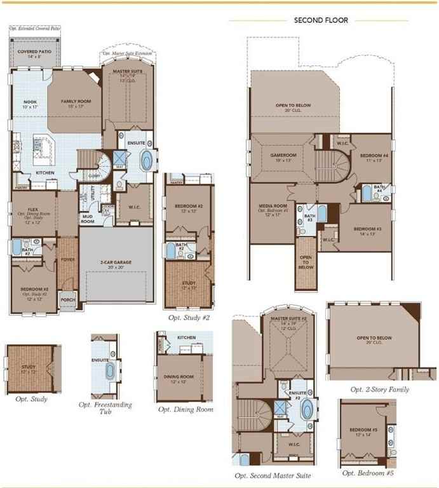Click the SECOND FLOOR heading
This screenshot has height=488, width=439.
[x=321, y=20]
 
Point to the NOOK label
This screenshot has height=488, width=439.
[x=30, y=102]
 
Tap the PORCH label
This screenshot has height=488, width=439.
[x=67, y=300]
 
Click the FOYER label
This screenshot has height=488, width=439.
[x=67, y=260]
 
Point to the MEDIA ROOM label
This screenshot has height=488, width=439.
[x=273, y=207]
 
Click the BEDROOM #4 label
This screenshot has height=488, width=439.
[x=374, y=156]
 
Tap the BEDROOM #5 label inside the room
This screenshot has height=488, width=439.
[x=363, y=430]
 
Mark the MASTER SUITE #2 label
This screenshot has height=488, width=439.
[x=289, y=318]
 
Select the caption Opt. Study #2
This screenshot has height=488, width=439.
[x=189, y=317]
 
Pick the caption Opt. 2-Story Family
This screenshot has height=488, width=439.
[x=379, y=390]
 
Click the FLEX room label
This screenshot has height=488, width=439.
[x=32, y=208]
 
